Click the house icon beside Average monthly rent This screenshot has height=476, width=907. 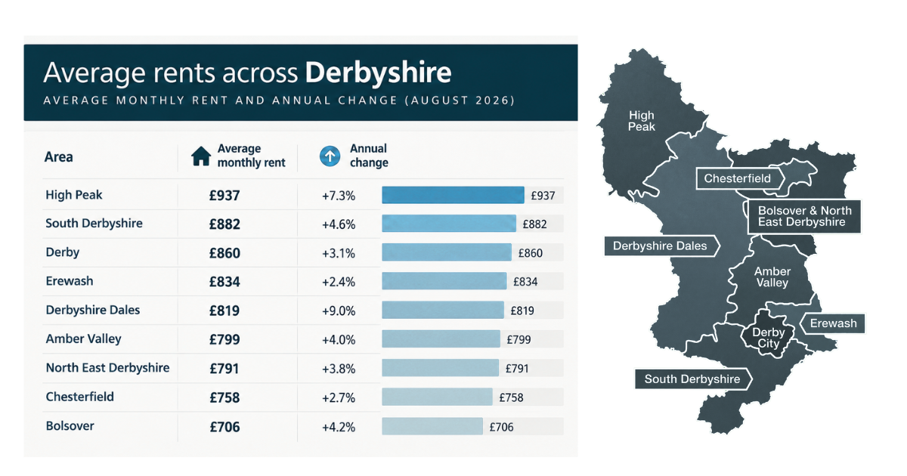tap(201, 156)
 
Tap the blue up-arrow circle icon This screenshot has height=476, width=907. tap(330, 156)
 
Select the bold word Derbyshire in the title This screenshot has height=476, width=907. tap(378, 73)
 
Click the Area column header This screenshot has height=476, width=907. tap(59, 156)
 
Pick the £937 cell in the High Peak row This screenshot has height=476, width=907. tap(224, 196)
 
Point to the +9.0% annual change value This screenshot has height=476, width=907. tap(339, 311)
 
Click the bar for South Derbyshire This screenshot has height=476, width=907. tap(449, 224)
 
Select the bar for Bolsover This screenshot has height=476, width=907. tap(432, 426)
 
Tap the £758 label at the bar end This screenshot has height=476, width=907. tap(512, 397)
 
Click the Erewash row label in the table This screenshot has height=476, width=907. tap(70, 281)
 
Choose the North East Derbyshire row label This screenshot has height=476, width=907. tap(107, 367)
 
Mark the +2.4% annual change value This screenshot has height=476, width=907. tap(339, 282)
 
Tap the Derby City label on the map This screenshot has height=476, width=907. tap(768, 338)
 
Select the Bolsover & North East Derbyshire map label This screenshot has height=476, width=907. tap(804, 216)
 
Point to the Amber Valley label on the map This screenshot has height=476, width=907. tap(772, 277)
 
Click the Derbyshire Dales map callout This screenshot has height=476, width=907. tap(661, 246)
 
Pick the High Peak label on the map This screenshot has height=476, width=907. tap(642, 121)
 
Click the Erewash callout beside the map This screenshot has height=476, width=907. tap(833, 323)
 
